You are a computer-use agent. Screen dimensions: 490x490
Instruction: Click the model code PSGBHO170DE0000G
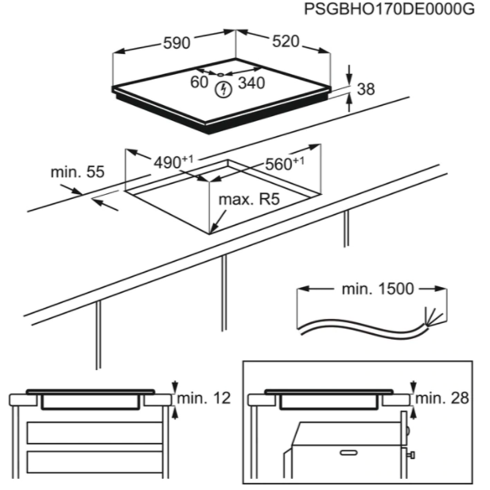coord(390,9)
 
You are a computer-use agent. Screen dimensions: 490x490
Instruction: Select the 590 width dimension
coord(177,43)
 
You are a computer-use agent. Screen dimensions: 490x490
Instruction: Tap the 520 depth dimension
coord(286,41)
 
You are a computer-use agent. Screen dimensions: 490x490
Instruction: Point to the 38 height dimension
coord(366,89)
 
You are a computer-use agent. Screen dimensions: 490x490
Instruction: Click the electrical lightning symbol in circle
coord(224,90)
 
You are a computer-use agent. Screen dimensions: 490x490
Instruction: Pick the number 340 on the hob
coord(251,83)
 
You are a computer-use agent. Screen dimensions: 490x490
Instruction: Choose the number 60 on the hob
coord(199,82)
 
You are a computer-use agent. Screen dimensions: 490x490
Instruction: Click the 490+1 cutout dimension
coord(173,162)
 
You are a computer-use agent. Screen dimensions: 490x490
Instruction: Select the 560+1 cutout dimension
coord(285,163)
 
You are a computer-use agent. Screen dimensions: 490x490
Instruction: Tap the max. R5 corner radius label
coord(249,200)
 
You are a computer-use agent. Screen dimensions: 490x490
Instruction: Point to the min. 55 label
coord(77,172)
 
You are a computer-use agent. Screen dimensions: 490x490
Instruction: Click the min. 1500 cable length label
coord(378,289)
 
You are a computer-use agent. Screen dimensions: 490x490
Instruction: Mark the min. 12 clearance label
coord(204,398)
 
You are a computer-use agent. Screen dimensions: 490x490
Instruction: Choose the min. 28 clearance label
coord(442,398)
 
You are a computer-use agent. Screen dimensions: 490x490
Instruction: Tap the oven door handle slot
coord(348,453)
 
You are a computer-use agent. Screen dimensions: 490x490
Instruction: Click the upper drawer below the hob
coord(95,433)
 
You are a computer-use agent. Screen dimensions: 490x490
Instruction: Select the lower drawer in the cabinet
coord(95,462)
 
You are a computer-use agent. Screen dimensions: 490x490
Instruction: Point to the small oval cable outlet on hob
coord(220,75)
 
